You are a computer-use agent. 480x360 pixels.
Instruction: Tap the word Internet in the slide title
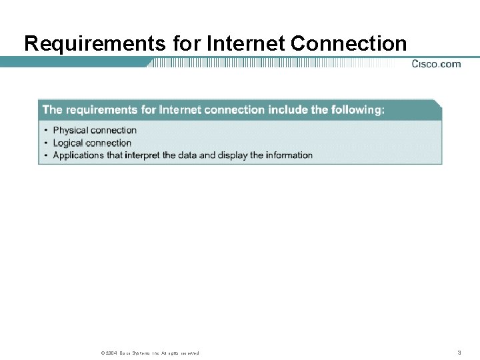pyautogui.click(x=246, y=44)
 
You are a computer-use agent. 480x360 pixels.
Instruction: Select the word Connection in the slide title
pyautogui.click(x=349, y=44)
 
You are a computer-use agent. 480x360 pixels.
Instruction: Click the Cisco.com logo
pyautogui.click(x=436, y=64)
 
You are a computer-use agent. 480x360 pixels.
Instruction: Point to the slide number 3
pyautogui.click(x=459, y=352)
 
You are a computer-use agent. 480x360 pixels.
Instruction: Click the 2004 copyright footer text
pyautogui.click(x=147, y=353)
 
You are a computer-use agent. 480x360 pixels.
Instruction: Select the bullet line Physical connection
pyautogui.click(x=95, y=130)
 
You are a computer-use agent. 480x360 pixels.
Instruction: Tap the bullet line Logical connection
pyautogui.click(x=92, y=143)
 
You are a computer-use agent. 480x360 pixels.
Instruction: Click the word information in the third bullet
pyautogui.click(x=289, y=155)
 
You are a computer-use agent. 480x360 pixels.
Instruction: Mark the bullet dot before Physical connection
pyautogui.click(x=46, y=131)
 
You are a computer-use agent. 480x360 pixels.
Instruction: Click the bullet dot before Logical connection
pyautogui.click(x=46, y=143)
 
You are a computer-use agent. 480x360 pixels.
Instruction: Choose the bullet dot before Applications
pyautogui.click(x=46, y=156)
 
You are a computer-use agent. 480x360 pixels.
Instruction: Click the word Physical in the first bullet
pyautogui.click(x=72, y=130)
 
